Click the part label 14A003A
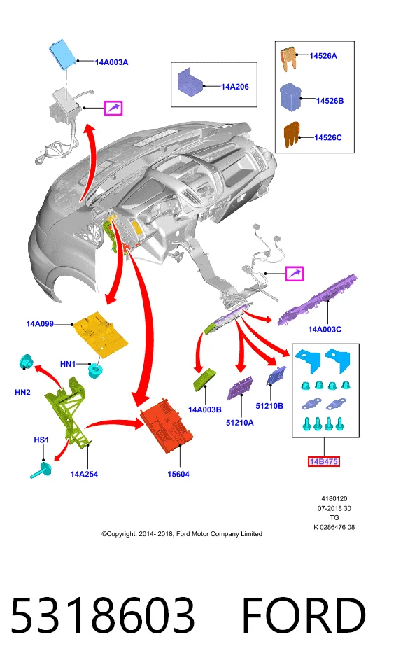pos(111,62)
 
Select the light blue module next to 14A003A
pos(62,53)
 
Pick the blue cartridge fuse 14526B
pos(290,98)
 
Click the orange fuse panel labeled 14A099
pos(101,334)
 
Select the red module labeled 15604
pos(167,426)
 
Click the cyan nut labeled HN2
pos(27,362)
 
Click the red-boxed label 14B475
pos(324,461)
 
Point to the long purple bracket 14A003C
pos(318,300)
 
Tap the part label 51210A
pos(239,423)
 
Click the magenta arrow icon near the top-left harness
pos(113,108)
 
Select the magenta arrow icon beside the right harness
pos(295,274)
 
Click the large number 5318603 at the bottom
pos(103,615)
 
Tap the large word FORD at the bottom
pos(304,615)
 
